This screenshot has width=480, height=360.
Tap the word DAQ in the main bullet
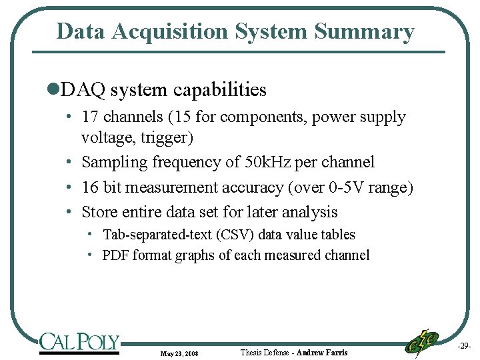83,89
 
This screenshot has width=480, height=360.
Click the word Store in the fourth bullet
100,212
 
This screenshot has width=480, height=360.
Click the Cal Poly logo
79,342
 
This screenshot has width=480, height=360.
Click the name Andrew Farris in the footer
322,352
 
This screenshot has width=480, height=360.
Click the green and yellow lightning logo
421,343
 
